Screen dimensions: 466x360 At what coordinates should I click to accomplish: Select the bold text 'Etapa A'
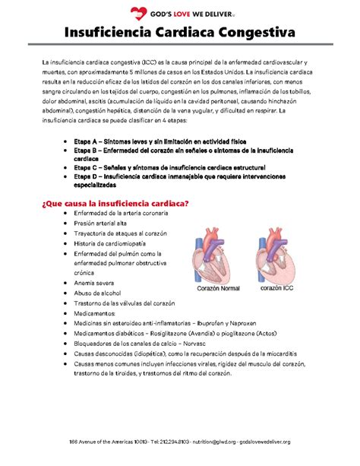[84, 142]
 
